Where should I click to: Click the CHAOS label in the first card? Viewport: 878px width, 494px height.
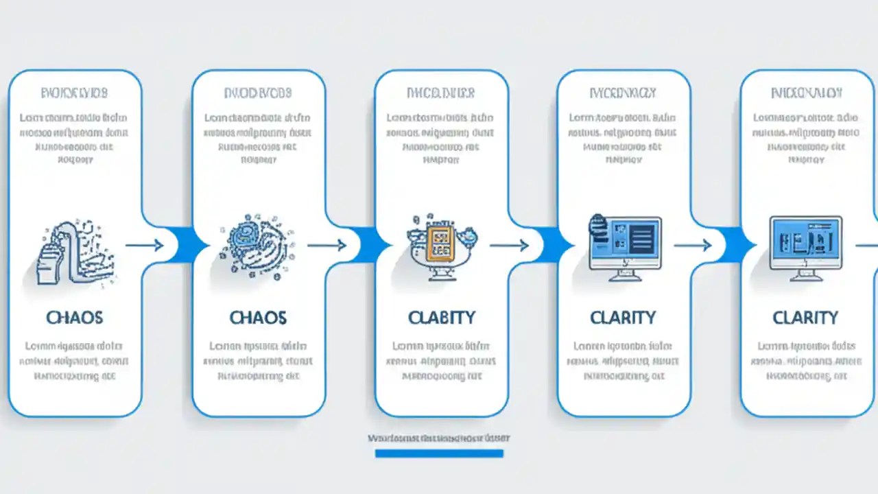[x=74, y=318]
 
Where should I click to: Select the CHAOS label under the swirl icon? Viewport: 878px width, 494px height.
[x=257, y=318]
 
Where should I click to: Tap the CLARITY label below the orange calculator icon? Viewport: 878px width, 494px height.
[x=440, y=318]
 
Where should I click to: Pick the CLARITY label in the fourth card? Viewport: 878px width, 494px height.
[x=623, y=318]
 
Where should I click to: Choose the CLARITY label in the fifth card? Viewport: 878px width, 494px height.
[x=805, y=318]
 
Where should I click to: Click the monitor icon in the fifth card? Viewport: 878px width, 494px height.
[x=805, y=247]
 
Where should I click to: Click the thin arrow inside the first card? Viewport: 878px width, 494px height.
[x=144, y=245]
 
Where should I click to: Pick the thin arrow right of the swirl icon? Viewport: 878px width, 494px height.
[x=327, y=245]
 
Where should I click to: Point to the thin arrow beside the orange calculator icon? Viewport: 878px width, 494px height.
[x=509, y=245]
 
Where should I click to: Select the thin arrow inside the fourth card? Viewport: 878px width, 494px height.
[x=693, y=245]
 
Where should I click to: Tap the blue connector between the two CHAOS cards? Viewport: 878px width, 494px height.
[x=183, y=244]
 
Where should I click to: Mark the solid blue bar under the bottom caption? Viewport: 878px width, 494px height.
[x=439, y=454]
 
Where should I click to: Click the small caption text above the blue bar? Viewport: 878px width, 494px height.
[x=439, y=438]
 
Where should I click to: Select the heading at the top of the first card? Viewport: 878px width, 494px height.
[x=74, y=92]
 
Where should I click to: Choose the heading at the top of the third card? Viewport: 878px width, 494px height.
[x=440, y=92]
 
